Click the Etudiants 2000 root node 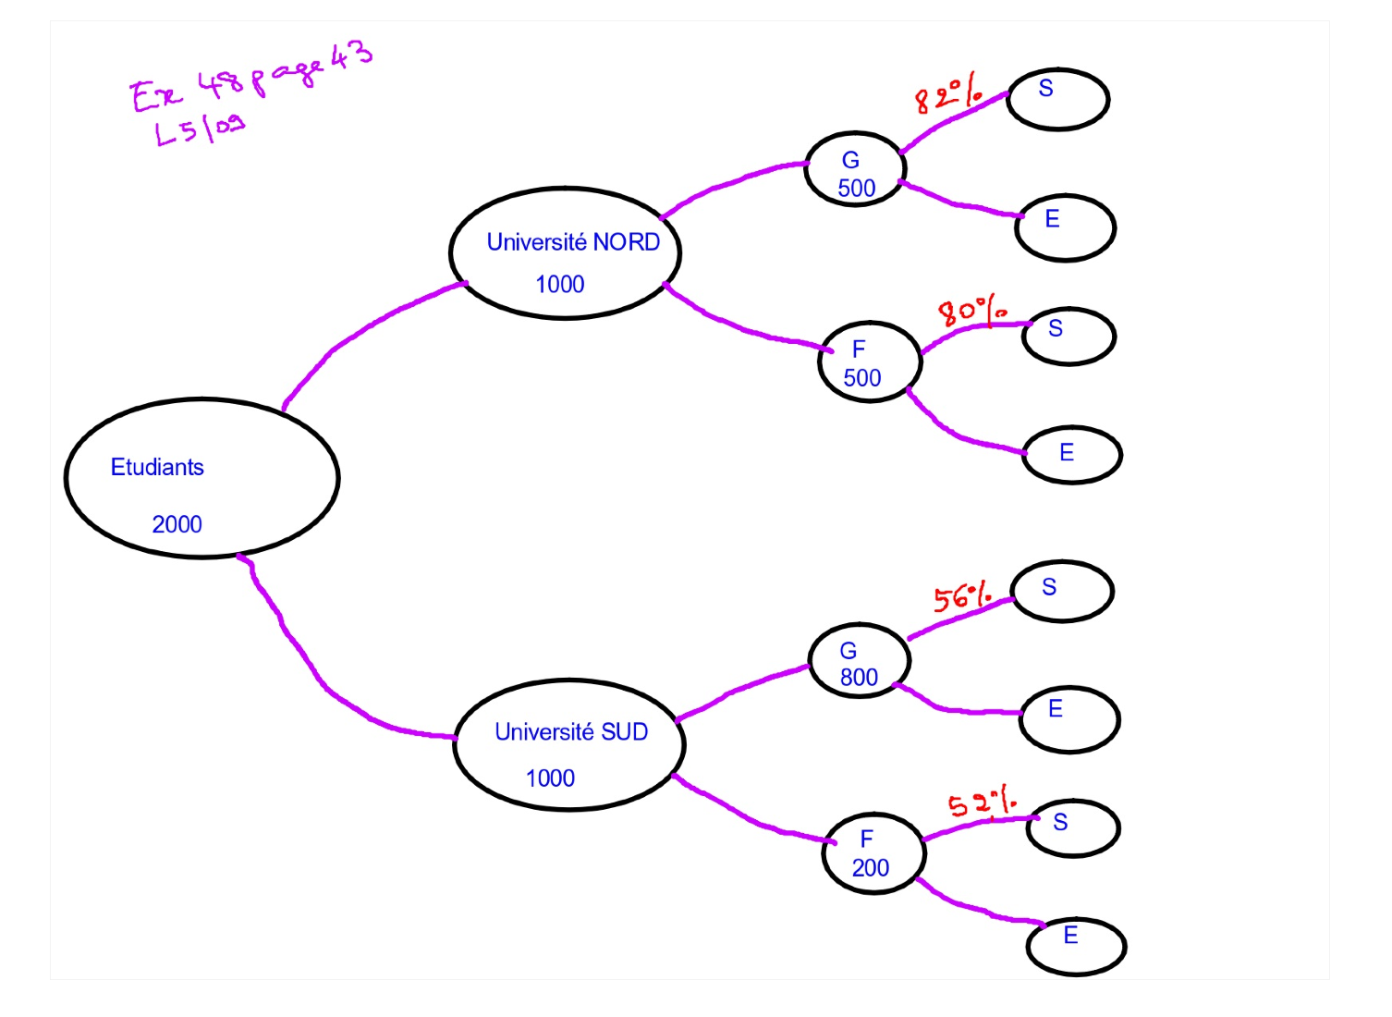pyautogui.click(x=201, y=478)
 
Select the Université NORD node pyautogui.click(x=565, y=253)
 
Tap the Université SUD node pyautogui.click(x=568, y=745)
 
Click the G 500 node pyautogui.click(x=855, y=169)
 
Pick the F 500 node pyautogui.click(x=870, y=362)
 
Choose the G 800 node pyautogui.click(x=860, y=660)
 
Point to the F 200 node pyautogui.click(x=873, y=853)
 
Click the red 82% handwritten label pyautogui.click(x=947, y=95)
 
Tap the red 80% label pyautogui.click(x=971, y=311)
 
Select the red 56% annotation pyautogui.click(x=962, y=597)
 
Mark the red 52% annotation pyautogui.click(x=982, y=803)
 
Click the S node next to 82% pyautogui.click(x=1057, y=99)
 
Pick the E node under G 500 pyautogui.click(x=1065, y=227)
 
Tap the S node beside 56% pyautogui.click(x=1062, y=591)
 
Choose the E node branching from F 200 pyautogui.click(x=1076, y=946)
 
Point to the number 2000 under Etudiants pyautogui.click(x=177, y=524)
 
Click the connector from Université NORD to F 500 pyautogui.click(x=739, y=325)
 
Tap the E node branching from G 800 pyautogui.click(x=1069, y=719)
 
